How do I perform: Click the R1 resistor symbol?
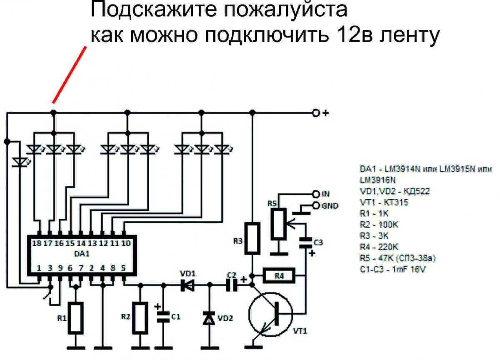pos(75,318)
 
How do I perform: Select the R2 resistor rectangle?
pos(141,318)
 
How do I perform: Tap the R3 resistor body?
pos(252,238)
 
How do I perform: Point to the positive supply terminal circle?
pos(316,113)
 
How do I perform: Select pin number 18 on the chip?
pos(37,243)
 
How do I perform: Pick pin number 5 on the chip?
pos(124,268)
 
